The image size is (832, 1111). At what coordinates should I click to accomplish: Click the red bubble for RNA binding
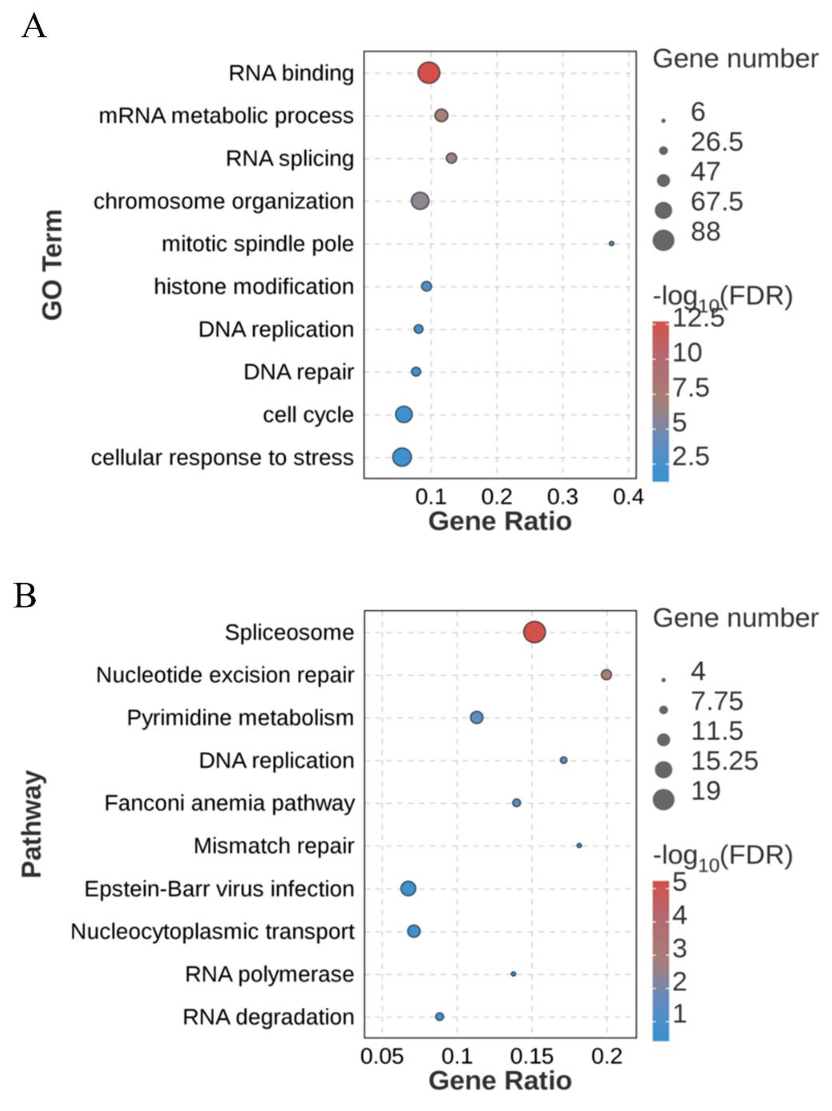tap(428, 73)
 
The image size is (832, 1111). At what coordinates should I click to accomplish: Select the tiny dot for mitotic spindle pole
tap(611, 244)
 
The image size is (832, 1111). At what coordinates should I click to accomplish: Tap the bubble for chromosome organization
tap(420, 201)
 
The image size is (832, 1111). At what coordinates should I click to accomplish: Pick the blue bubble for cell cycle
tap(404, 414)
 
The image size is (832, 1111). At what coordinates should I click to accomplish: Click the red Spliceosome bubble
tap(534, 632)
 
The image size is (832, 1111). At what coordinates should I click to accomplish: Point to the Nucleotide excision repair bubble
tap(606, 675)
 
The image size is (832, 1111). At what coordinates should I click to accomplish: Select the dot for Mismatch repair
tap(579, 846)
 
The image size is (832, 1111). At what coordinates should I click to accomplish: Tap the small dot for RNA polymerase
tap(513, 974)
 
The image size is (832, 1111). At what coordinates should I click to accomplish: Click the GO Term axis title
tap(52, 265)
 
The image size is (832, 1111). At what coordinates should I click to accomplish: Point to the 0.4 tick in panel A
tap(628, 497)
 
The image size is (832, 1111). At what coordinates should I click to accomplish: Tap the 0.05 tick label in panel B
tap(382, 1057)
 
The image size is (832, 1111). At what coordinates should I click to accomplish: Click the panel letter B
tap(25, 596)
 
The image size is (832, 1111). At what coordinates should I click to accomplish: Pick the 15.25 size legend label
tap(724, 761)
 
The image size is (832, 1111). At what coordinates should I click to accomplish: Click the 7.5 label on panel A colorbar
tap(691, 388)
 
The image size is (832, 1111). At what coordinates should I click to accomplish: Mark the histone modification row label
tap(254, 287)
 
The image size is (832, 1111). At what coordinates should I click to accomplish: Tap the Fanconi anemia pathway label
tap(229, 803)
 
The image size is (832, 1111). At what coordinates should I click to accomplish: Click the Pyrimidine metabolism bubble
tap(476, 717)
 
